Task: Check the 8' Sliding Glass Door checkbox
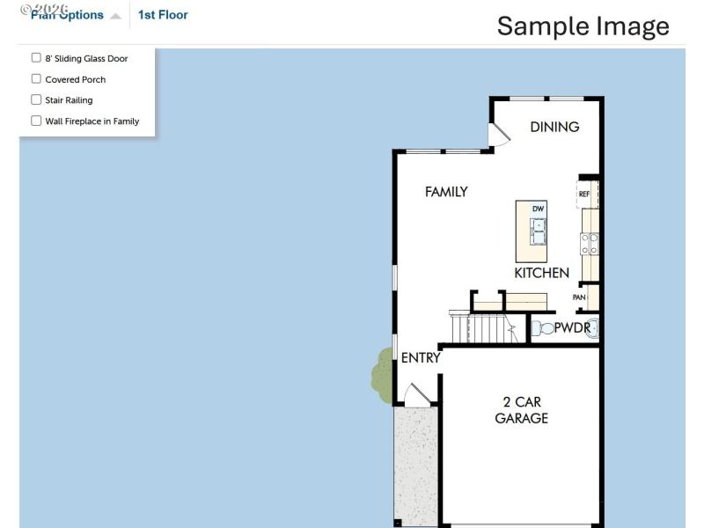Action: (36, 58)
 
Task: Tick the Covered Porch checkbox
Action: (36, 79)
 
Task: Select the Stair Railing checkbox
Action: (36, 99)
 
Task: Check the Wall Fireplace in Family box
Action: (36, 121)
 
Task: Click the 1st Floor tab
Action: (163, 15)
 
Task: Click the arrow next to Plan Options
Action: (115, 16)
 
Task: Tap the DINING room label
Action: (554, 127)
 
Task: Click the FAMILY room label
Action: (446, 192)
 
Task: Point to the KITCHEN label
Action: (541, 273)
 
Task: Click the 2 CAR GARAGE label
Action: (521, 410)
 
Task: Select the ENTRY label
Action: (420, 358)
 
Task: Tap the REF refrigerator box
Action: (585, 194)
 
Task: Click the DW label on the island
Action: (539, 209)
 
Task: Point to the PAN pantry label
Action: (579, 297)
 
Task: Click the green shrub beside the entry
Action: (383, 374)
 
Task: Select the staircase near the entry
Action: (482, 328)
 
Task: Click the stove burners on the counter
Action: (590, 243)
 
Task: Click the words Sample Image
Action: (583, 26)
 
